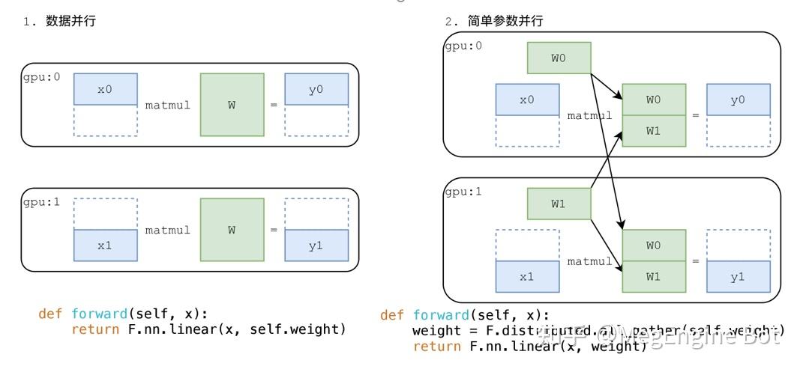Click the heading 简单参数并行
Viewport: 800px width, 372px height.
[x=505, y=22]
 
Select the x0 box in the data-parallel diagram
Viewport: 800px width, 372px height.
[x=105, y=89]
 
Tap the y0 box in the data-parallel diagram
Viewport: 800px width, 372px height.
[x=316, y=89]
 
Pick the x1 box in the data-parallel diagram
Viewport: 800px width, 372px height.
[x=105, y=246]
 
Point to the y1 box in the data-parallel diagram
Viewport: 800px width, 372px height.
[x=316, y=246]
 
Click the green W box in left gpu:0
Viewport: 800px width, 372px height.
[x=232, y=105]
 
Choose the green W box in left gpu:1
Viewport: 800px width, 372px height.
[x=232, y=230]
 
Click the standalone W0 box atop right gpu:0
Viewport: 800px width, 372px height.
[x=559, y=58]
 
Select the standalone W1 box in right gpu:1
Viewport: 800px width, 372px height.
[x=559, y=204]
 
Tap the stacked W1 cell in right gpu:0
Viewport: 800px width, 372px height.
[x=653, y=131]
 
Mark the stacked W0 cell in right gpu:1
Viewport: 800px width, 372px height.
[x=653, y=245]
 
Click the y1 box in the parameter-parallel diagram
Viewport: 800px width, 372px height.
[x=738, y=276]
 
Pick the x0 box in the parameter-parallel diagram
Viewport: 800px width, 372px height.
[x=527, y=100]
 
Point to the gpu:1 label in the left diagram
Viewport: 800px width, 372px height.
[x=41, y=203]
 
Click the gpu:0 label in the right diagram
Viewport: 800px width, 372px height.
[x=463, y=46]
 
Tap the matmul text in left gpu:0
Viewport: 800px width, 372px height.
[x=168, y=105]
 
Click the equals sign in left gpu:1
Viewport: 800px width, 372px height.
[x=274, y=230]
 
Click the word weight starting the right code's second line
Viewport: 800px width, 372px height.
[x=433, y=330]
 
